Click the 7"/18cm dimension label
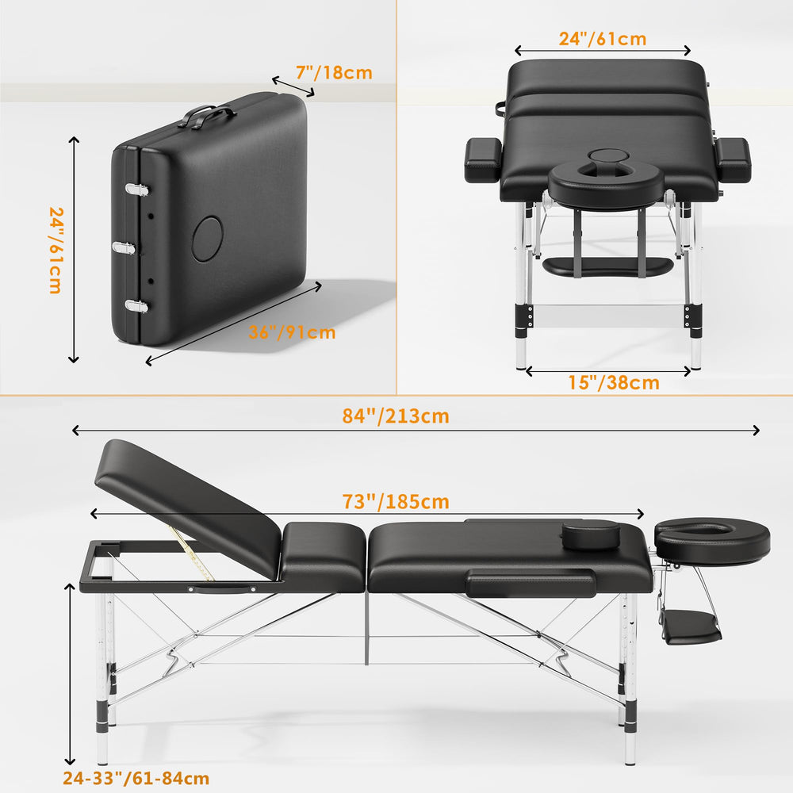[334, 73]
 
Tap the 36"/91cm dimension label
[292, 332]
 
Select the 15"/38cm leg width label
[614, 383]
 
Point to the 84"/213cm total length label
[396, 416]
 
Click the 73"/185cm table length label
[396, 502]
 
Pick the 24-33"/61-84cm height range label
[136, 779]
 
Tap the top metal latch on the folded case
[137, 190]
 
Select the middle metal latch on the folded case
[124, 247]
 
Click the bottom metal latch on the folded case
[136, 306]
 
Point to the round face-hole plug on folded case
[207, 239]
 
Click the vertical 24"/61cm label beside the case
[56, 250]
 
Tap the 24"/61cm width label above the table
[603, 39]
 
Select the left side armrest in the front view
[483, 160]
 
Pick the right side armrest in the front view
[733, 160]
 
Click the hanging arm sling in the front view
[608, 266]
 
